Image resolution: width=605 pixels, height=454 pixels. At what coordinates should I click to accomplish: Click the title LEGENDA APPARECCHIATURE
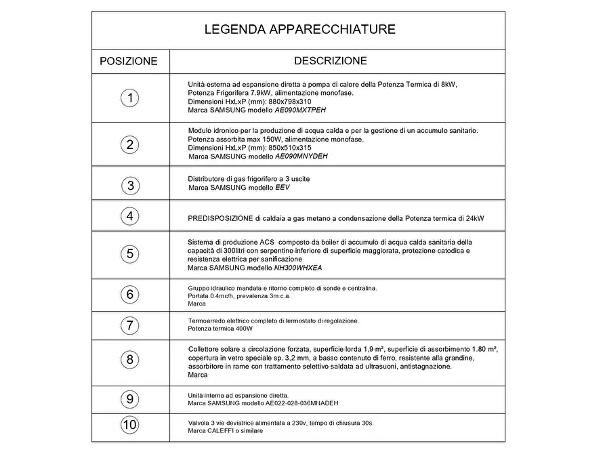click(x=299, y=30)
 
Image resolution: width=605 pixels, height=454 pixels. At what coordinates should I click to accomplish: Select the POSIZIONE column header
click(x=129, y=61)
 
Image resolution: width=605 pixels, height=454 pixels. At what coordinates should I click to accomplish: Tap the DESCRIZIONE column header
click(x=331, y=61)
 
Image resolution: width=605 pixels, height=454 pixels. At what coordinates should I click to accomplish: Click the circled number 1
click(x=130, y=98)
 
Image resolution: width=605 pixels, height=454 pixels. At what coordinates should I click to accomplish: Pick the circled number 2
click(x=130, y=144)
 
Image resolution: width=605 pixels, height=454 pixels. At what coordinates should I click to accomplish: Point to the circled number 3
click(x=130, y=185)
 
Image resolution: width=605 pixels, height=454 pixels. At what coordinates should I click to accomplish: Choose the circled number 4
click(x=130, y=217)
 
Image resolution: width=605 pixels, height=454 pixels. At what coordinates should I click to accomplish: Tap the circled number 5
click(x=130, y=254)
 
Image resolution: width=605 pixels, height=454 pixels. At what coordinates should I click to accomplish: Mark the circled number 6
click(x=130, y=295)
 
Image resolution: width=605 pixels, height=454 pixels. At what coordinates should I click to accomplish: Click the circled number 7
click(x=130, y=325)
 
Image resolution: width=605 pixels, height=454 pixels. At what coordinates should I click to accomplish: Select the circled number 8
click(x=130, y=359)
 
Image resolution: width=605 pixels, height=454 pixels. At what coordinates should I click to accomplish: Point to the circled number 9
click(x=130, y=399)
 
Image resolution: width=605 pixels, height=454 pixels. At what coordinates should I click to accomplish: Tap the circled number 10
click(x=130, y=426)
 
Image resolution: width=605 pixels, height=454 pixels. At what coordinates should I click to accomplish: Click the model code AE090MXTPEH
click(x=304, y=110)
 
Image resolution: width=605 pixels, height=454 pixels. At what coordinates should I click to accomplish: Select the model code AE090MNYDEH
click(x=301, y=156)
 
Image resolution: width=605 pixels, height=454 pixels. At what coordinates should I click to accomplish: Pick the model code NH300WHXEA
click(x=299, y=268)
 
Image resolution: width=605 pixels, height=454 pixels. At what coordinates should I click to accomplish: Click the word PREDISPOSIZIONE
click(x=220, y=219)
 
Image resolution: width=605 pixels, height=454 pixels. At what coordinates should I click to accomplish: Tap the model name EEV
click(x=282, y=188)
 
